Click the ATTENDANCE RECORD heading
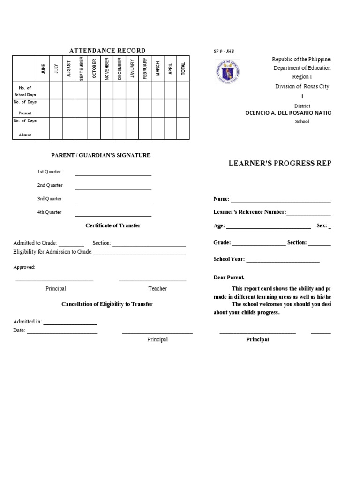107,51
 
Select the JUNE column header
44,68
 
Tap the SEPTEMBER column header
82,68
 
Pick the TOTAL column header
183,68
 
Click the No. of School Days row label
25,91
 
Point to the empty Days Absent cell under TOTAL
183,128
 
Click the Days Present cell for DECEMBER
120,108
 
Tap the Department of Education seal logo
228,72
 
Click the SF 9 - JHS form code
224,51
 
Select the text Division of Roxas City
302,86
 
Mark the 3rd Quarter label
50,199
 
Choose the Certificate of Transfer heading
113,225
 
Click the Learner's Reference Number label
250,212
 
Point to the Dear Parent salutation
229,277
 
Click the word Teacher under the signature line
157,289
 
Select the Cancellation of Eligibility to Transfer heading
107,304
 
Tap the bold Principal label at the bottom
258,340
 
